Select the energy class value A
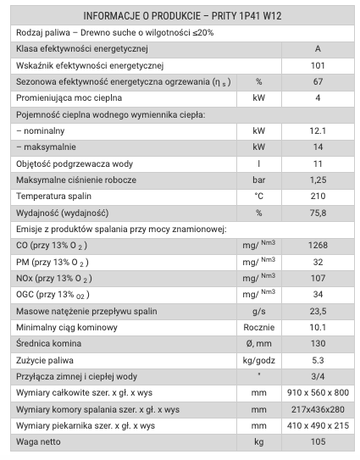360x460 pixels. tap(318, 49)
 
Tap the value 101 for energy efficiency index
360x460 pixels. tap(318, 65)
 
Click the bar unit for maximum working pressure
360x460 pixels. tap(259, 180)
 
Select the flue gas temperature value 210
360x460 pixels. tap(318, 196)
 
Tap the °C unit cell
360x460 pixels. tap(259, 196)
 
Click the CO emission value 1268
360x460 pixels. tap(318, 245)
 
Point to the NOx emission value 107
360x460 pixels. tap(318, 278)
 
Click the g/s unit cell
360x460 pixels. tap(259, 311)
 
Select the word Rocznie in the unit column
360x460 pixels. tap(259, 327)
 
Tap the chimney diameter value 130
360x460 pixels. tap(318, 343)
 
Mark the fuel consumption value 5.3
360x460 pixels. tap(318, 360)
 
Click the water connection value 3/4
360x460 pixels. tap(318, 376)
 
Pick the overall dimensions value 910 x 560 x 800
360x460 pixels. tap(318, 393)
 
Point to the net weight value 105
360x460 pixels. tap(318, 442)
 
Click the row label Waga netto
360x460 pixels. tap(42, 442)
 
